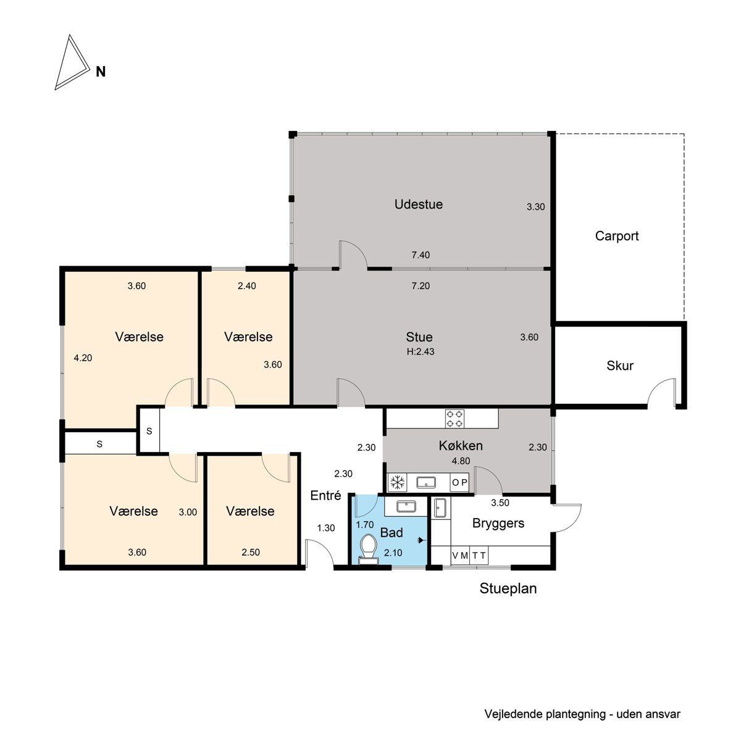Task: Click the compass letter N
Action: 101,72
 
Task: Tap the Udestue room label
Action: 419,204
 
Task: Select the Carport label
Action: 617,236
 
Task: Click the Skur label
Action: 620,366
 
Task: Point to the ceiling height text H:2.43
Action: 421,351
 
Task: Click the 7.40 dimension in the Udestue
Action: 421,255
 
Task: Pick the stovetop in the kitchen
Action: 454,419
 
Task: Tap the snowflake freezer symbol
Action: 397,482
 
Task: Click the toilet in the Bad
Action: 369,548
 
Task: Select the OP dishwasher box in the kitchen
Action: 459,482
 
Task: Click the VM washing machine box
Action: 460,556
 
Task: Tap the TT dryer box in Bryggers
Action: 479,556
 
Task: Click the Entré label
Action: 325,496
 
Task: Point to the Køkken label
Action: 461,446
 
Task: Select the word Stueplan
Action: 508,588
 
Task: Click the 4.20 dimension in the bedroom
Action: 83,358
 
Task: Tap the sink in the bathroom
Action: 406,506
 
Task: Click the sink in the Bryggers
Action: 440,508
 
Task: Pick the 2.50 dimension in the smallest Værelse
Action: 251,552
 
